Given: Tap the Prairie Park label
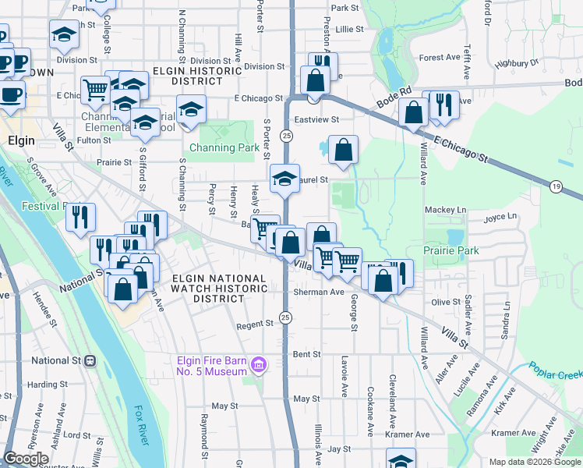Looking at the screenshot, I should coord(451,250).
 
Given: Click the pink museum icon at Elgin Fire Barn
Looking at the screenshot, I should coord(259,364).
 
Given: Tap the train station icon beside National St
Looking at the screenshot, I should coord(90,360).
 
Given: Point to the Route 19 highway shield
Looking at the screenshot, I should coord(555,186).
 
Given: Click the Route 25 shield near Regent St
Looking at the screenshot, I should coord(286,317).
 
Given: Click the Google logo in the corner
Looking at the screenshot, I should coord(26,459).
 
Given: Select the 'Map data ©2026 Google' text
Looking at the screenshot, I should coord(534,462).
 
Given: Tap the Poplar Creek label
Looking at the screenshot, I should coord(555,370).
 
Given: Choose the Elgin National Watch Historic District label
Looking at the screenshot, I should coord(219,289).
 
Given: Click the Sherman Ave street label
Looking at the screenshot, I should coord(319,292).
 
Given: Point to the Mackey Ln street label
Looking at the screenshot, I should coord(445,210).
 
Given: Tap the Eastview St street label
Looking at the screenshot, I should coord(316,120).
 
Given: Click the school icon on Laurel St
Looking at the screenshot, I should coord(285,179).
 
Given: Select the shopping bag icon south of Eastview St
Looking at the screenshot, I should coord(343,149).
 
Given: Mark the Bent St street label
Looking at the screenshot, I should coord(306,354).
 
